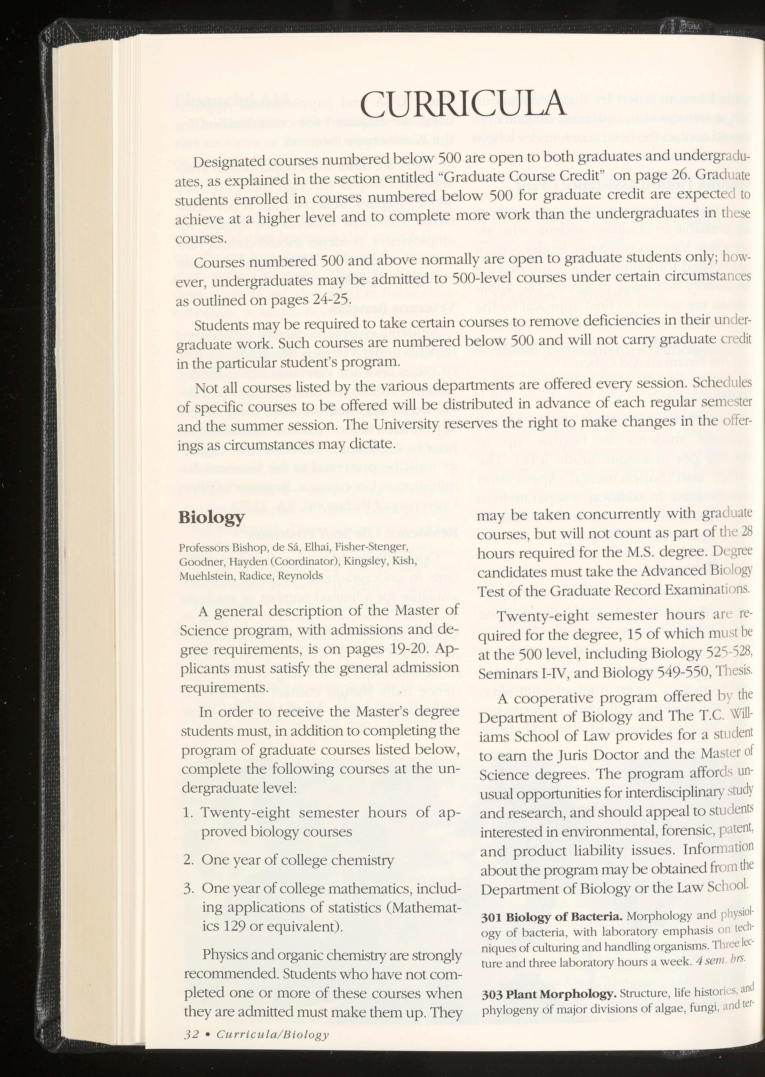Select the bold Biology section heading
212,517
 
